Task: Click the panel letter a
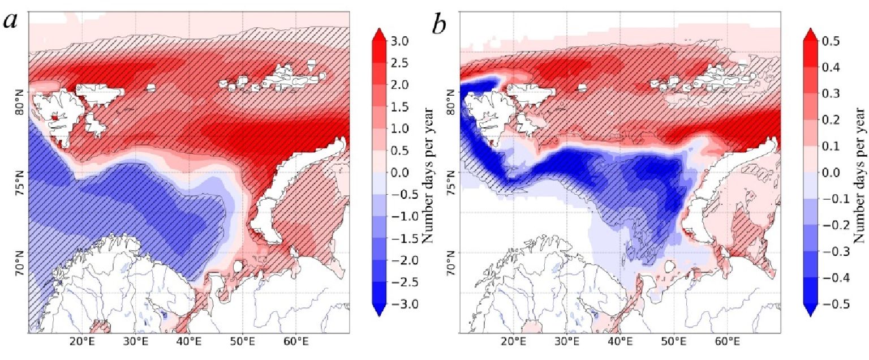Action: pos(12,21)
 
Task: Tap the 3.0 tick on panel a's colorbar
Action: pos(402,41)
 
